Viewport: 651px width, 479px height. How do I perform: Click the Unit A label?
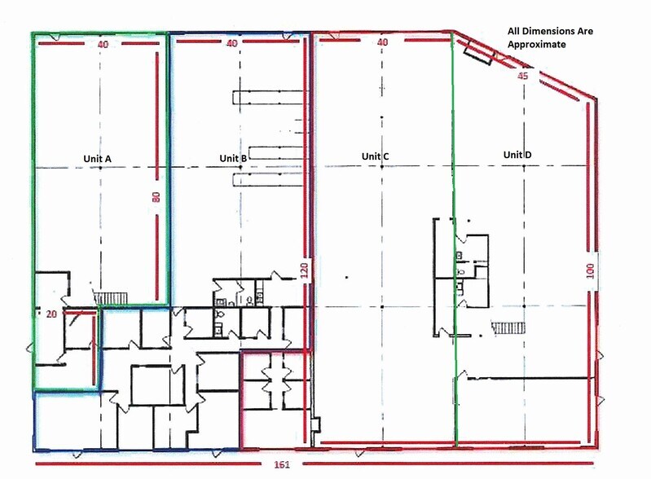97,159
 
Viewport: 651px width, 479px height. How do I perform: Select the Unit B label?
233,158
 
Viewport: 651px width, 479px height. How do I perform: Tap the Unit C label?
376,156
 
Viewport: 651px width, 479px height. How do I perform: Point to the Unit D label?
517,155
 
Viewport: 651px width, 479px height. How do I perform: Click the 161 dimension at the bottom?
282,464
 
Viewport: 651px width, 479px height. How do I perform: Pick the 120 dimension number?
305,270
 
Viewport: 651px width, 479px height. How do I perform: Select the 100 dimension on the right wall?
590,271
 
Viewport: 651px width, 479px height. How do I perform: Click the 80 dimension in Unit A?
156,197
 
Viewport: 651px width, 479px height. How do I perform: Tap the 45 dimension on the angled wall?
523,76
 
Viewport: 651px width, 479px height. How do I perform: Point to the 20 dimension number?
51,314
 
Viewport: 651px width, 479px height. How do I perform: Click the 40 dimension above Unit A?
103,44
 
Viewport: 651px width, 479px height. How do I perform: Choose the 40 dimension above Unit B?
231,43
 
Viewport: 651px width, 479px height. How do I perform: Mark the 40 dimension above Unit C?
382,42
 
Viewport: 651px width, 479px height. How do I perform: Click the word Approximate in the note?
536,45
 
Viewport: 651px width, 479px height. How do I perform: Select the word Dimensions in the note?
548,31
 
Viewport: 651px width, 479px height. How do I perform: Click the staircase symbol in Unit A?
111,298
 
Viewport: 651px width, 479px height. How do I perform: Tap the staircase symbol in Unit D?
508,327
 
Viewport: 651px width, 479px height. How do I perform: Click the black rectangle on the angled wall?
478,55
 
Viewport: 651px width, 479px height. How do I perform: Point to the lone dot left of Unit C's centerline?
346,277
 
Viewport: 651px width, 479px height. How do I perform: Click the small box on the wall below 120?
316,424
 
